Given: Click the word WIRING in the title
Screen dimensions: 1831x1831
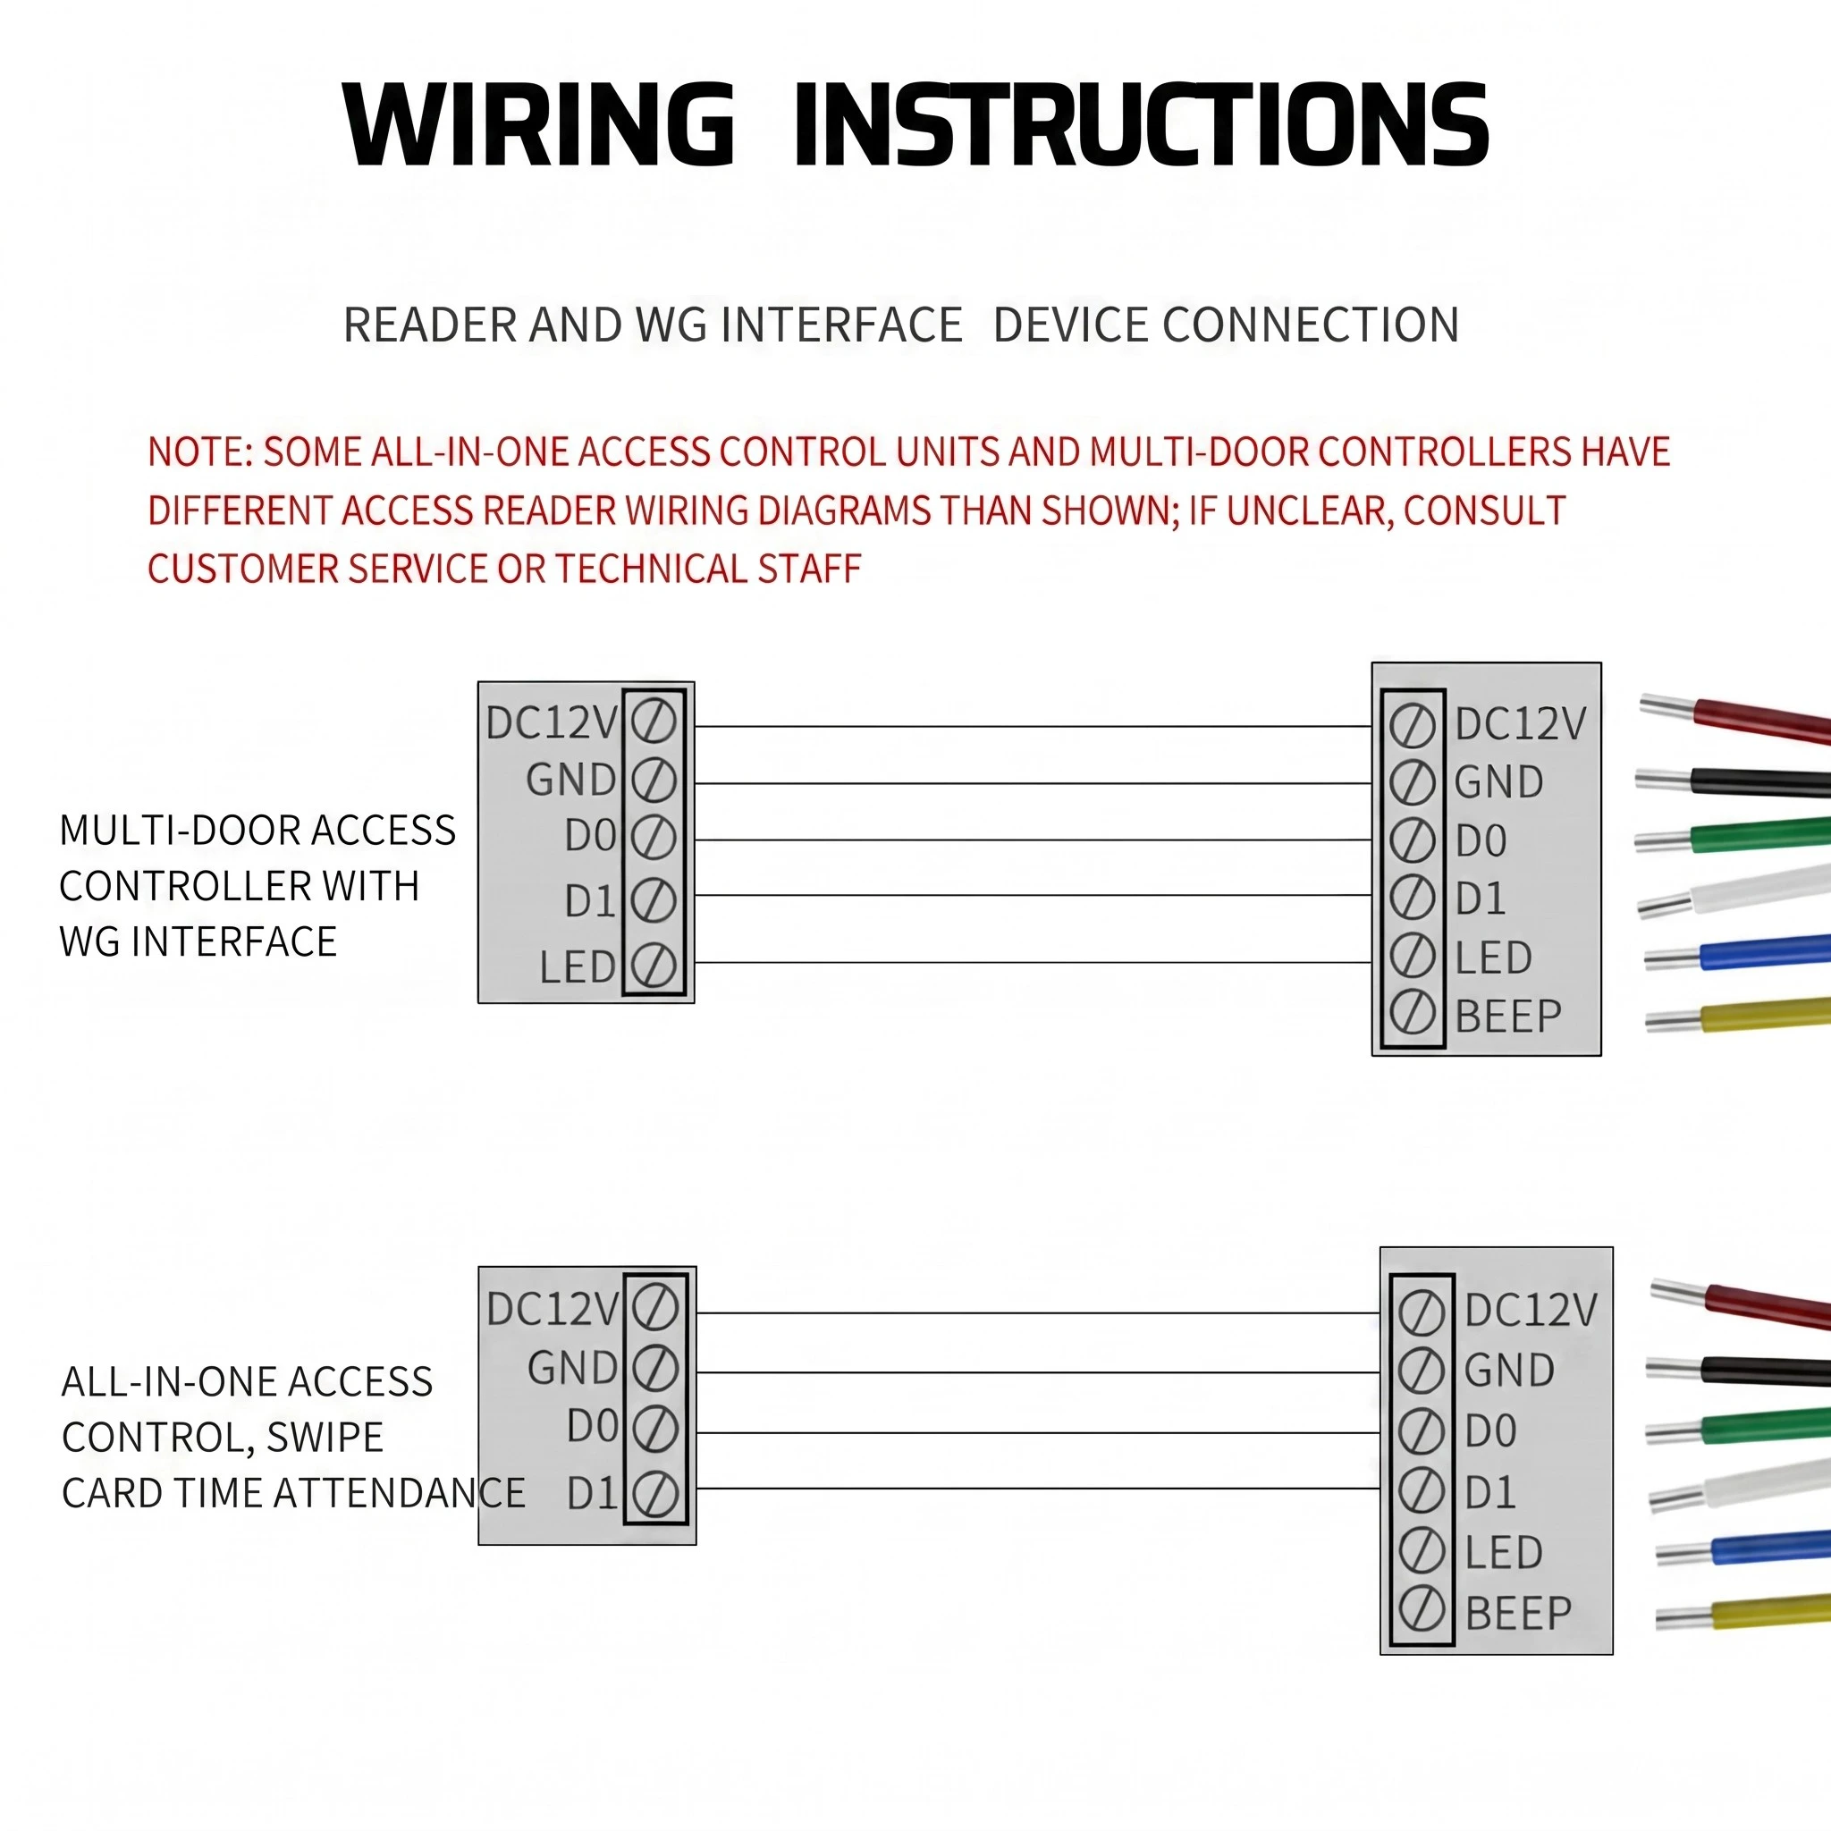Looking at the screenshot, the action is (538, 124).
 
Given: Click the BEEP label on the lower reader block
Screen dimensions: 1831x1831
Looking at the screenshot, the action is (1518, 1614).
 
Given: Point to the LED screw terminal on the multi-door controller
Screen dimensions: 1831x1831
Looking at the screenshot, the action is (654, 966).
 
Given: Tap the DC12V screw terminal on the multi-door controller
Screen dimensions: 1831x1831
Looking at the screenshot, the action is (654, 723).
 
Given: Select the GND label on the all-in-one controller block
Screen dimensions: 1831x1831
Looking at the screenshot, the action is (572, 1368).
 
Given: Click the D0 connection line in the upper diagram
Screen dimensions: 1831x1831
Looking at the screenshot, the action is (1033, 840).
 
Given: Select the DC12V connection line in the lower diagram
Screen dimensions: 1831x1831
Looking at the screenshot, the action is (1038, 1313).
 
